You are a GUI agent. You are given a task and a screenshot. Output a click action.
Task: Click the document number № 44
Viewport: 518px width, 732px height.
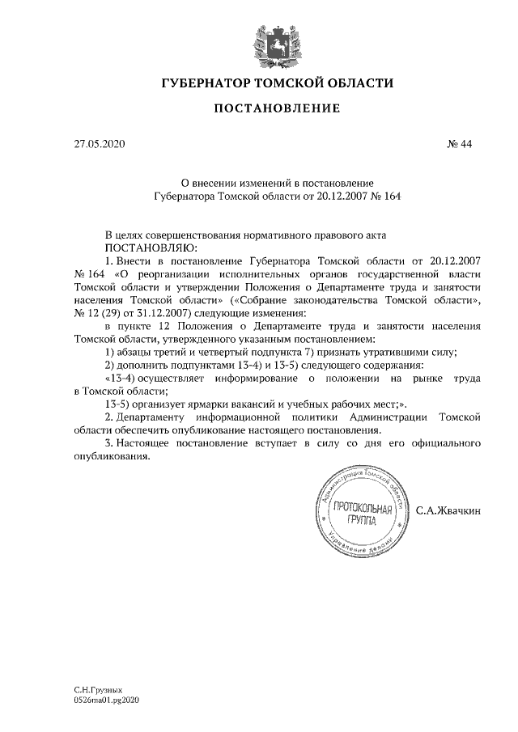tap(459, 145)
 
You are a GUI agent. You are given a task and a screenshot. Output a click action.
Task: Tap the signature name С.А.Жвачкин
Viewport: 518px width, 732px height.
tap(448, 511)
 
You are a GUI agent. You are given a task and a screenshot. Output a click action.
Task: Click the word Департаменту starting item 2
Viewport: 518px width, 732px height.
tap(158, 416)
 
